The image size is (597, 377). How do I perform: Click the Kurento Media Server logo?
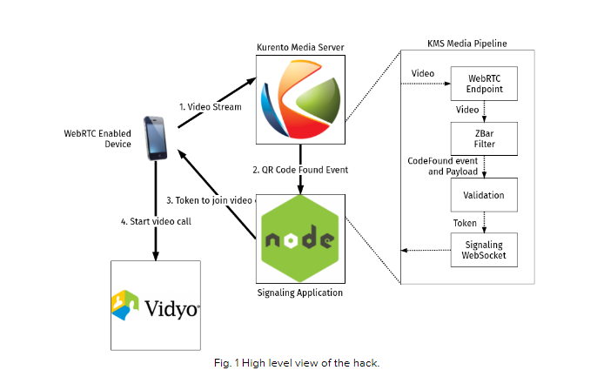click(x=299, y=98)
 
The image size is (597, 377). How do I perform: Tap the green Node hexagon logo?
click(x=300, y=239)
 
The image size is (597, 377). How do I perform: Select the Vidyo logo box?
click(x=156, y=305)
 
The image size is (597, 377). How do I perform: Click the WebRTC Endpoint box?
click(x=483, y=83)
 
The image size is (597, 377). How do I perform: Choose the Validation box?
click(x=483, y=195)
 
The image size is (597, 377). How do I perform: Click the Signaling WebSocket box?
click(x=483, y=251)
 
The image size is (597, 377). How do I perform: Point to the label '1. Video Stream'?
click(x=210, y=106)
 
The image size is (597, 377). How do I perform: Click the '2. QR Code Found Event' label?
click(x=301, y=168)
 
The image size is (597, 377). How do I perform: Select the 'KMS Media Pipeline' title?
click(x=467, y=43)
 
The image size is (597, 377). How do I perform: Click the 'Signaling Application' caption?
click(x=300, y=293)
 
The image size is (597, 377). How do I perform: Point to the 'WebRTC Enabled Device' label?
click(x=98, y=138)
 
